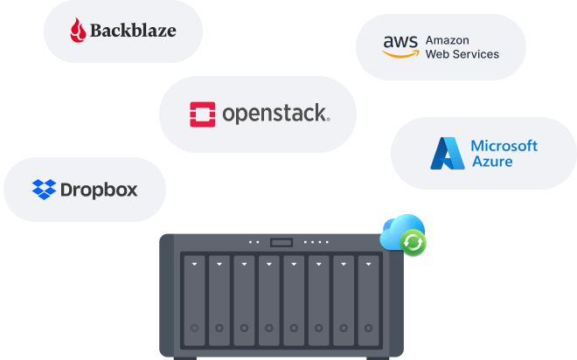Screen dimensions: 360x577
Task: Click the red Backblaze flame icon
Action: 80,31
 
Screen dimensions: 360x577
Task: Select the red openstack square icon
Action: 203,114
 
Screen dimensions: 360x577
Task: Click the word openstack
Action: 275,114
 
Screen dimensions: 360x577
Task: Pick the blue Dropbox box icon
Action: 44,189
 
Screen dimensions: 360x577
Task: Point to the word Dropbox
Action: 99,189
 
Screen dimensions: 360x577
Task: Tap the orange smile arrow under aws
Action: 400,53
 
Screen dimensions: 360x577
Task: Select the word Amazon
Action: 448,40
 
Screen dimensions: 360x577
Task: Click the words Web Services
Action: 462,54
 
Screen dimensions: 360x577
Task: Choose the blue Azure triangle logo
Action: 447,153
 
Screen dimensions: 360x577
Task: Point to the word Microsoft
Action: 504,146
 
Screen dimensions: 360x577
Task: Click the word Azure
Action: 491,162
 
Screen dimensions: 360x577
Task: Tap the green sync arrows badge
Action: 414,243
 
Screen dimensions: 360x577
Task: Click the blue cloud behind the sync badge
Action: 397,229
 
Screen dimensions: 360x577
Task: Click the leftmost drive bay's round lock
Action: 193,329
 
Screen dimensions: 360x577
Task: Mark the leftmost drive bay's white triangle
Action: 193,262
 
